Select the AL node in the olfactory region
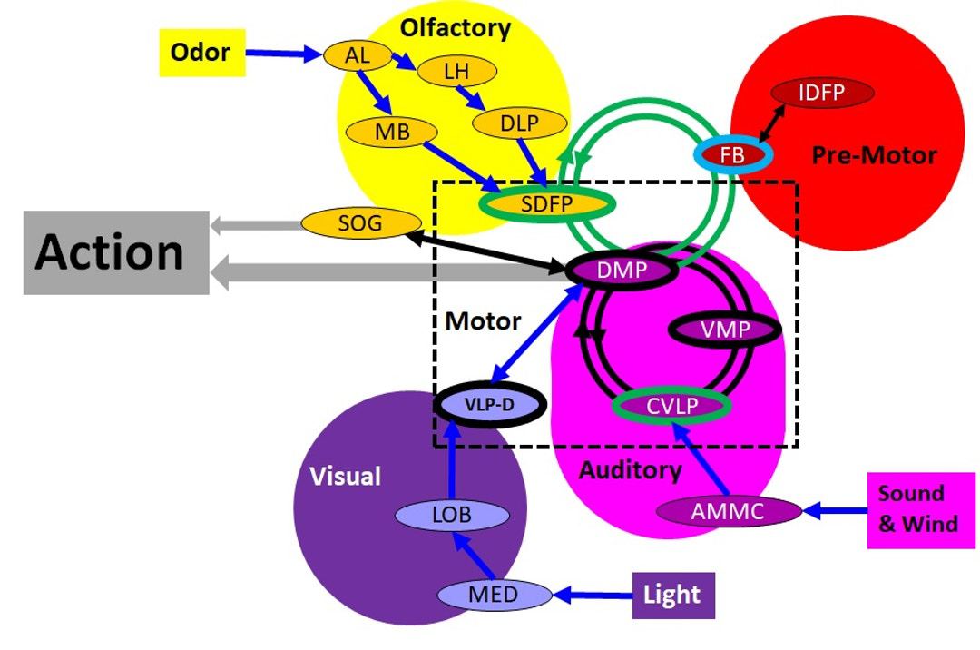pyautogui.click(x=358, y=55)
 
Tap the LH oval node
pyautogui.click(x=456, y=71)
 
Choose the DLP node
pyautogui.click(x=519, y=124)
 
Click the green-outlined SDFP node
pyautogui.click(x=547, y=204)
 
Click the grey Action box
pyautogui.click(x=116, y=252)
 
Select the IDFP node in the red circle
pyautogui.click(x=822, y=93)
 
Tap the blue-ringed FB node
pyautogui.click(x=731, y=155)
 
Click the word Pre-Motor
pyautogui.click(x=873, y=155)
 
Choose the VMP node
pyautogui.click(x=725, y=330)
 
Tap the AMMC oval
pyautogui.click(x=729, y=511)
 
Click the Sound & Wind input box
pyautogui.click(x=917, y=509)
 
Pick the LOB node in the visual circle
pyautogui.click(x=452, y=516)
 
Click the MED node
pyautogui.click(x=495, y=596)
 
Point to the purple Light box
pyautogui.click(x=672, y=596)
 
